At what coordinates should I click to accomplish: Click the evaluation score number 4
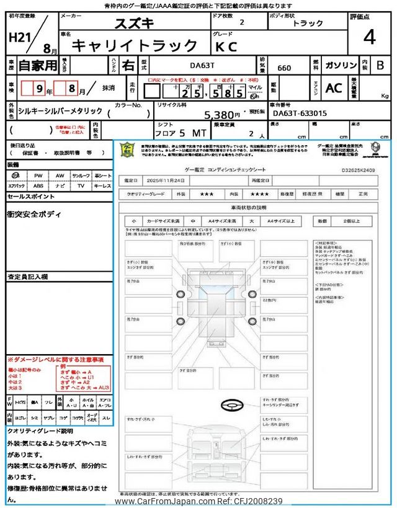(x=369, y=38)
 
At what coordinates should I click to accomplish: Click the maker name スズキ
(x=135, y=24)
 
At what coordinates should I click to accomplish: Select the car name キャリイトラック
(x=135, y=45)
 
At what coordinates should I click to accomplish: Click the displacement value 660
(x=285, y=68)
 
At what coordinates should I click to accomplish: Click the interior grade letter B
(x=380, y=65)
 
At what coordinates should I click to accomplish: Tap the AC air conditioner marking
(x=334, y=88)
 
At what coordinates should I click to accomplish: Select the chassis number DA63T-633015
(x=300, y=113)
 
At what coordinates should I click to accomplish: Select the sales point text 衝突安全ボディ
(x=35, y=215)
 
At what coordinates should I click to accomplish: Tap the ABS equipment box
(x=38, y=185)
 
